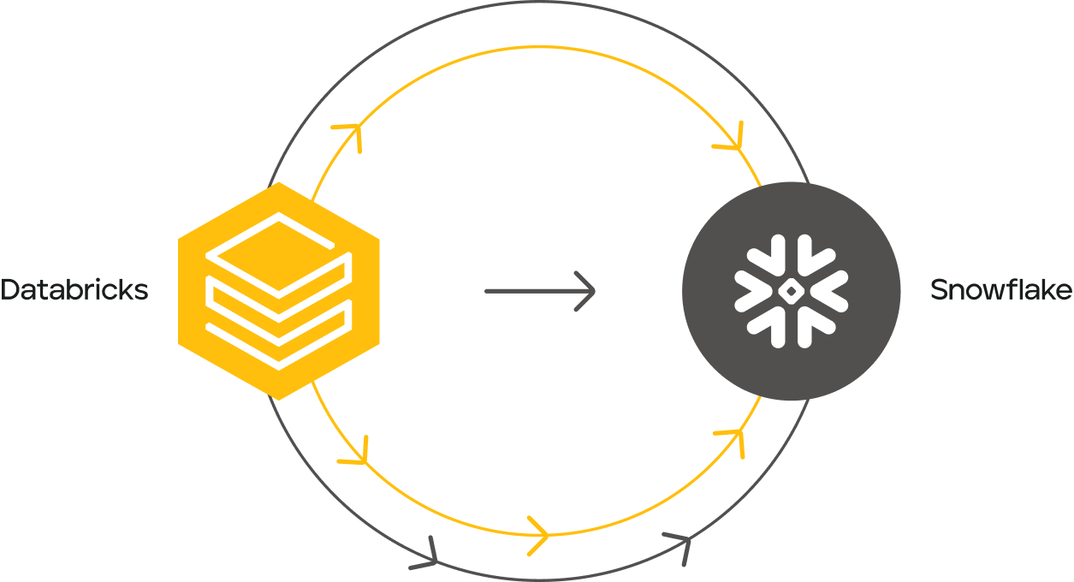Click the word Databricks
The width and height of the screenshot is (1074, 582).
click(74, 290)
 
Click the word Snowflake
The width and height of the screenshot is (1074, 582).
click(1000, 291)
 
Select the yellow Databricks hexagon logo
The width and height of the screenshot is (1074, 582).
click(278, 291)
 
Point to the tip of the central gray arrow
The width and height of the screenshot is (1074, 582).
click(593, 291)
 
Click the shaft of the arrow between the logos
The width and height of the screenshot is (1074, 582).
click(531, 291)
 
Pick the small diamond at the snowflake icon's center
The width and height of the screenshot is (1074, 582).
click(792, 291)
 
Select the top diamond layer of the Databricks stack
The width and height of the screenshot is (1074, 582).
click(278, 245)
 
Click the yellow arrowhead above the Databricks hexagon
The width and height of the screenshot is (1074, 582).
click(350, 134)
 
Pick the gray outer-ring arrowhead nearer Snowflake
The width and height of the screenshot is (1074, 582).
click(680, 545)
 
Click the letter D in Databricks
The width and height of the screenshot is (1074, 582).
click(10, 290)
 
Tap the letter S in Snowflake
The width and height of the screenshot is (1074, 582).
click(938, 291)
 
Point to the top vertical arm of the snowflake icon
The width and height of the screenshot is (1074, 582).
click(792, 253)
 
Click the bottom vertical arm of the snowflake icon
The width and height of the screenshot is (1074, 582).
click(792, 329)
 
